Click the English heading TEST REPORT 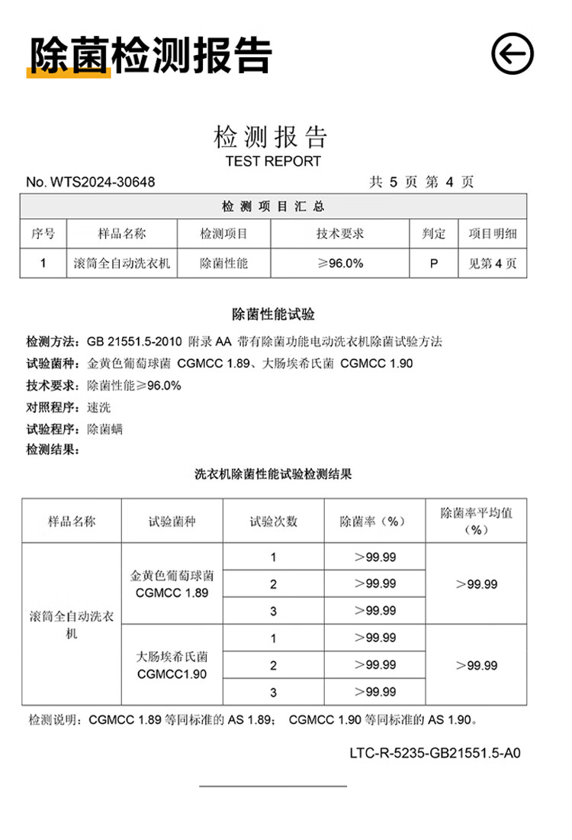tap(273, 161)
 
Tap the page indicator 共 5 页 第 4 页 tap(421, 183)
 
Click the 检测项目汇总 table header tap(273, 207)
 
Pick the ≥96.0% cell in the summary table tap(340, 263)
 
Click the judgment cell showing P tap(434, 263)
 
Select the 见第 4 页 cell tap(492, 263)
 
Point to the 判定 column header tap(434, 234)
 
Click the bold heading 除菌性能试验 tap(273, 314)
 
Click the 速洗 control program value tap(99, 407)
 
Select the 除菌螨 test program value tap(105, 429)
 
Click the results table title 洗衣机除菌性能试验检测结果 tap(273, 474)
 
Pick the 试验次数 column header tap(273, 522)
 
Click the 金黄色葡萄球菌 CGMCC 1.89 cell tap(172, 583)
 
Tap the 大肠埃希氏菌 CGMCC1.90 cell tap(172, 664)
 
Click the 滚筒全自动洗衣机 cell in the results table tap(72, 624)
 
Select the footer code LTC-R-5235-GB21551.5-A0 tap(435, 753)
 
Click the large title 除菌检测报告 tap(150, 55)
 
